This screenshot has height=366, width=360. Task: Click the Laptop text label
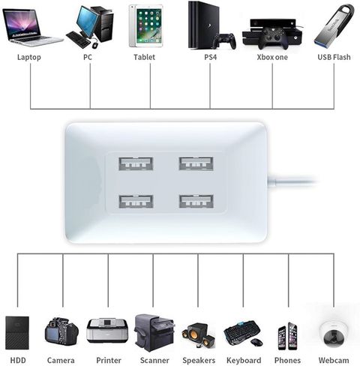pyautogui.click(x=29, y=57)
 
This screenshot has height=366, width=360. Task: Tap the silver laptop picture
pyautogui.click(x=31, y=28)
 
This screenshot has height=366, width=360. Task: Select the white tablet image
pyautogui.click(x=145, y=25)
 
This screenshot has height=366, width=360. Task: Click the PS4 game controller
pyautogui.click(x=224, y=40)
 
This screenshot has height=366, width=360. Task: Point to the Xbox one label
pyautogui.click(x=272, y=57)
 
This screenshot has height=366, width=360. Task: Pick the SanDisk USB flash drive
pyautogui.click(x=334, y=26)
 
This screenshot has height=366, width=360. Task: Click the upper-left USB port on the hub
pyautogui.click(x=136, y=163)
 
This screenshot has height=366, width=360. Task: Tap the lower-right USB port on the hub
pyautogui.click(x=196, y=201)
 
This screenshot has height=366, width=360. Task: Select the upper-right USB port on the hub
pyautogui.click(x=196, y=163)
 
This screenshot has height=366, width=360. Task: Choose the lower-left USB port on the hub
pyautogui.click(x=136, y=201)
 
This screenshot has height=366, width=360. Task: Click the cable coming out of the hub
pyautogui.click(x=292, y=181)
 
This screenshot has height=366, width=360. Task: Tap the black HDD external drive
pyautogui.click(x=17, y=333)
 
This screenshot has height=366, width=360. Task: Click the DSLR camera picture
pyautogui.click(x=61, y=331)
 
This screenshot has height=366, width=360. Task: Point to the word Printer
pyautogui.click(x=109, y=361)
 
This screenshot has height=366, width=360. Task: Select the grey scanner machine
pyautogui.click(x=154, y=332)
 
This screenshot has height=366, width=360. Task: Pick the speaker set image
pyautogui.click(x=199, y=335)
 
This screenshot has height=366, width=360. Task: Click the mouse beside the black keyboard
pyautogui.click(x=256, y=342)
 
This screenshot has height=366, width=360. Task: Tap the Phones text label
pyautogui.click(x=287, y=361)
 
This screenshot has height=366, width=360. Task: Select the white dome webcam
pyautogui.click(x=334, y=334)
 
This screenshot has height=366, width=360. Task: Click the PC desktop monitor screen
pyautogui.click(x=87, y=21)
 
